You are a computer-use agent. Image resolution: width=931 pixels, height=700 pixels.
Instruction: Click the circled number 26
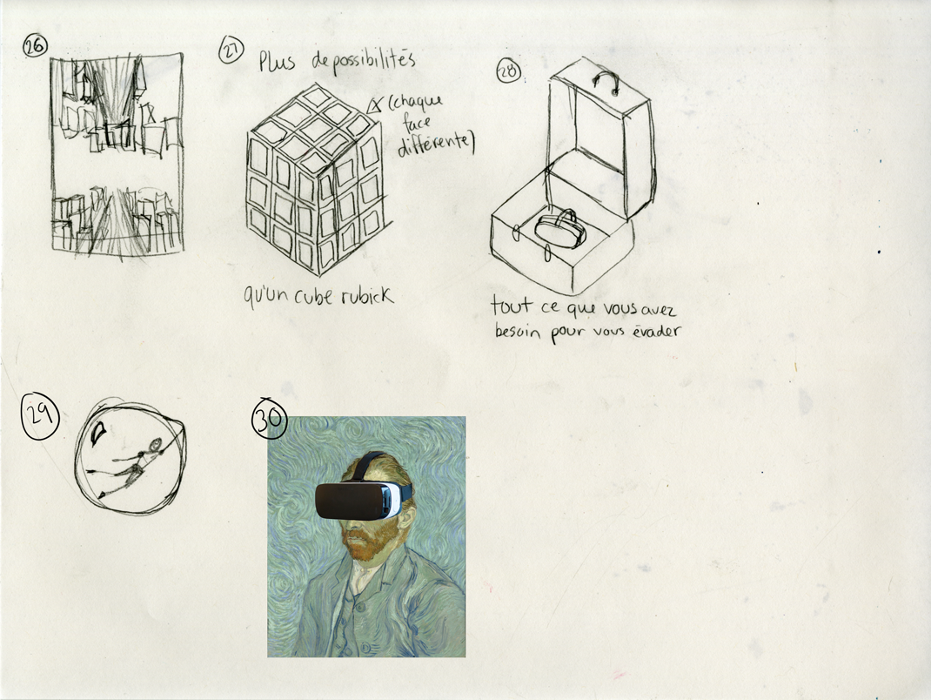(35, 46)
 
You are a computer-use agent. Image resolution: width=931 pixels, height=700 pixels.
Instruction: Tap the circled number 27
(231, 50)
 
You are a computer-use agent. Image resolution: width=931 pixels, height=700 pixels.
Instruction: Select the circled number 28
(508, 71)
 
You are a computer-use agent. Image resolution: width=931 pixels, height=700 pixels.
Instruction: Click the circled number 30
(269, 418)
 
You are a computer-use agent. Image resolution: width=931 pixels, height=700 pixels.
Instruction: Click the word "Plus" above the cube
(277, 61)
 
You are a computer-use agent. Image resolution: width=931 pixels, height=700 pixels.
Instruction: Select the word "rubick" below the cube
(367, 295)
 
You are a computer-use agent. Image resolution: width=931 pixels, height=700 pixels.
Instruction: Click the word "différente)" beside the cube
(437, 145)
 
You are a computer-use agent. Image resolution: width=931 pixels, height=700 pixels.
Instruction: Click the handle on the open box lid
(606, 83)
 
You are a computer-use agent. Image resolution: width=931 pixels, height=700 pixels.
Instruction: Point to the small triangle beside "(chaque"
(375, 105)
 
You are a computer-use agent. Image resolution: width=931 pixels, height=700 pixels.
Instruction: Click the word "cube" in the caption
(313, 296)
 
